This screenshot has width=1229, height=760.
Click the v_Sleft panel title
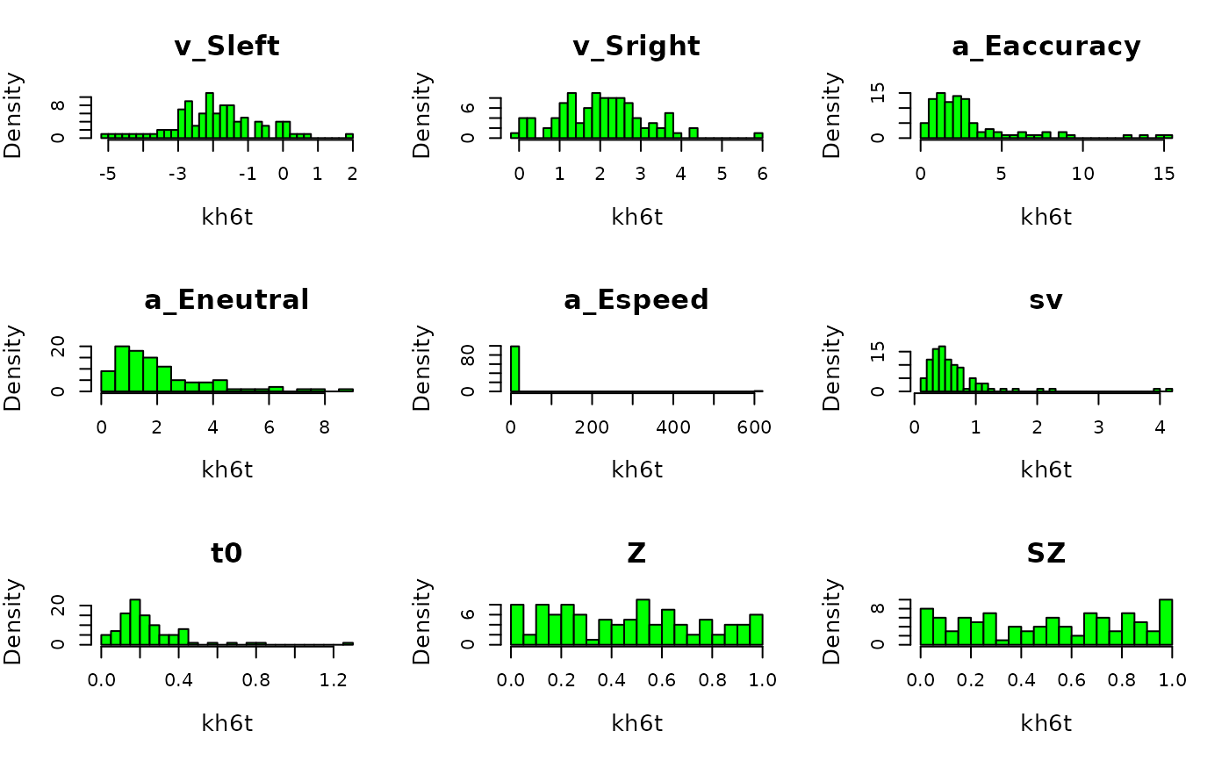226,47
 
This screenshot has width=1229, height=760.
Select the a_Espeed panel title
636,300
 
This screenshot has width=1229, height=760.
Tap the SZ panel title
1046,554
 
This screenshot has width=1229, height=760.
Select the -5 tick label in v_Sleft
108,174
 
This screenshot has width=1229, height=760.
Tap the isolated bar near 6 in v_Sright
758,135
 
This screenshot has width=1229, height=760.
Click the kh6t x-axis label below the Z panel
636,723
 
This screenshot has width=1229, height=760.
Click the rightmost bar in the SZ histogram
1165,622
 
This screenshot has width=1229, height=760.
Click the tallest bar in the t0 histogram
134,622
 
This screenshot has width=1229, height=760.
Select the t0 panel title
226,554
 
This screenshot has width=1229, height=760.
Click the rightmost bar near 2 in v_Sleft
349,135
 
